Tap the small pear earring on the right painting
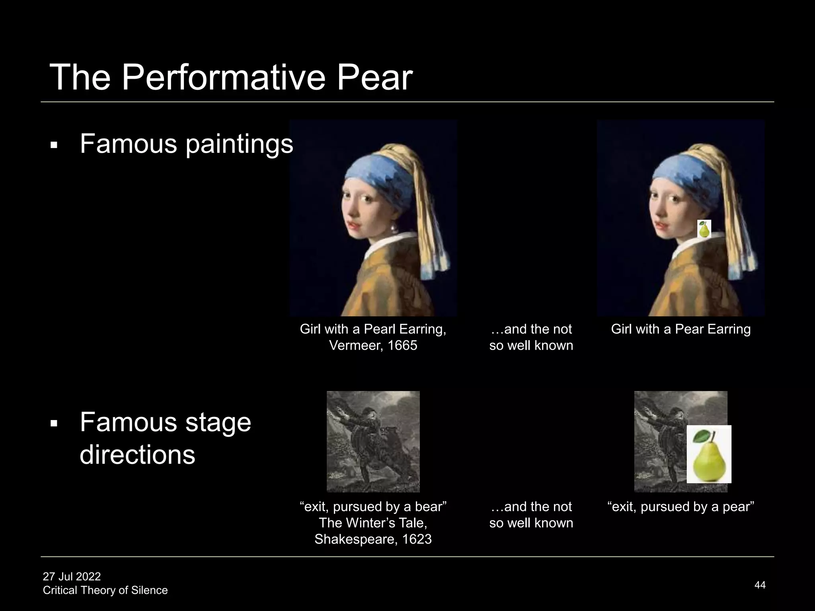click(704, 230)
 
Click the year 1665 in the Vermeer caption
click(402, 345)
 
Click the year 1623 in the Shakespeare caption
click(417, 539)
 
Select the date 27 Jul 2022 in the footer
click(72, 576)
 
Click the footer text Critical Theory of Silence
click(105, 590)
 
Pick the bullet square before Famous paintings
click(54, 146)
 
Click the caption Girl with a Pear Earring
click(680, 329)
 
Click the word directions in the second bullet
click(137, 455)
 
